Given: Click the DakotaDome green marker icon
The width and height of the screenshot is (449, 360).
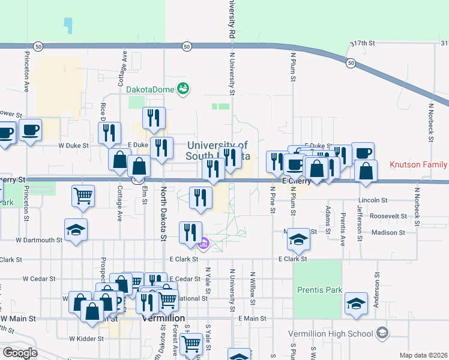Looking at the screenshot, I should pyautogui.click(x=184, y=89).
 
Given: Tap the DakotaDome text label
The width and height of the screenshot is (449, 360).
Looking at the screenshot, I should pyautogui.click(x=150, y=89).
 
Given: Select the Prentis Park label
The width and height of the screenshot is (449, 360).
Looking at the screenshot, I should pyautogui.click(x=319, y=290).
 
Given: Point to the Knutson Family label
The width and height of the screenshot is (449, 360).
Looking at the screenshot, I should pyautogui.click(x=418, y=164).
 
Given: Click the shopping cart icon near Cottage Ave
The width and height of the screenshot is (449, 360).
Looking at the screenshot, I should pyautogui.click(x=83, y=194).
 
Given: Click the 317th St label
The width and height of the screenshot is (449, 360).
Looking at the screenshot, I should pyautogui.click(x=363, y=43).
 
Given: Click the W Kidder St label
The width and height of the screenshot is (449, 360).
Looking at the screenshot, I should pyautogui.click(x=86, y=338).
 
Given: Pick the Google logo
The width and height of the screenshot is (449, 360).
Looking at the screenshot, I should pyautogui.click(x=20, y=353).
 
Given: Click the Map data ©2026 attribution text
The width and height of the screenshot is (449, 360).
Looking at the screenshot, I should pyautogui.click(x=423, y=355).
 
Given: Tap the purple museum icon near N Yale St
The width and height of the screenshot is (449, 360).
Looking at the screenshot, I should pyautogui.click(x=203, y=243).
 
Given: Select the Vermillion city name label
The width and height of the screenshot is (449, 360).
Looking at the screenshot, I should pyautogui.click(x=163, y=318).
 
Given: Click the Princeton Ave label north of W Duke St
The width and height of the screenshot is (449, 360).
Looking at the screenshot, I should pyautogui.click(x=26, y=70).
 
